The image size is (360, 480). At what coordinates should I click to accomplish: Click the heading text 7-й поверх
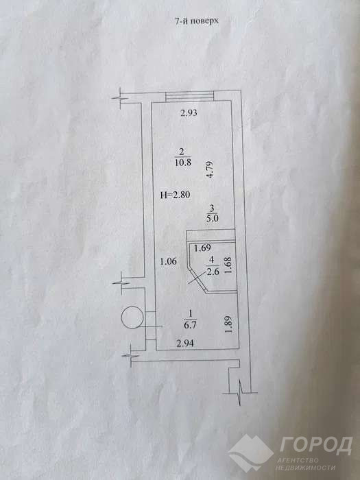(197, 21)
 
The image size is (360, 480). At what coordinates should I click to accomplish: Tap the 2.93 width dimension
(189, 113)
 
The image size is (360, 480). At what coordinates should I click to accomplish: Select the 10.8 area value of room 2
(183, 163)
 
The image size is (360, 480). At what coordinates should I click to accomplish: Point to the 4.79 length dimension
(210, 170)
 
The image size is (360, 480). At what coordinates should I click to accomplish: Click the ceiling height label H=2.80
(176, 195)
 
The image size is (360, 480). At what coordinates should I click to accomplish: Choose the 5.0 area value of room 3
(212, 219)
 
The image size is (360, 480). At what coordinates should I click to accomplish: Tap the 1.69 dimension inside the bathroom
(202, 248)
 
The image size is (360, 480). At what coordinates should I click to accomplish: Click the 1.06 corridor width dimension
(169, 261)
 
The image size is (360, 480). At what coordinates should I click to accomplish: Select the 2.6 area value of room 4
(213, 272)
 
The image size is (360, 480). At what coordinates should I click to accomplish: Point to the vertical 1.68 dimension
(228, 266)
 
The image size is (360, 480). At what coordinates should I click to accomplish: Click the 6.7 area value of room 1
(190, 325)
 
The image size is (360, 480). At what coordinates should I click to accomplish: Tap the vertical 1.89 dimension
(228, 325)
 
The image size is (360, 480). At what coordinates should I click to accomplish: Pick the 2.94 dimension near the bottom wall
(185, 343)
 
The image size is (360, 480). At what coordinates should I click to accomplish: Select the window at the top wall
(189, 97)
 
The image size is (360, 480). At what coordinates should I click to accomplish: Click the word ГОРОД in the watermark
(315, 446)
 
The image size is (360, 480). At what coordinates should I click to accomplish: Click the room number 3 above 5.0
(212, 209)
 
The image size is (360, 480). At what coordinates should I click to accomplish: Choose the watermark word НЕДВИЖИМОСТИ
(305, 468)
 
